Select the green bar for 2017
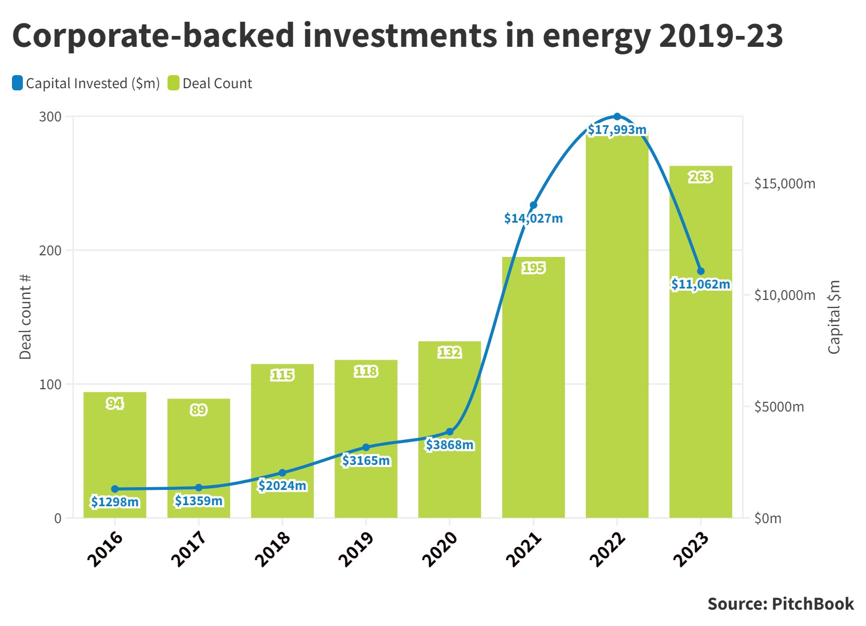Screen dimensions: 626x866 [x=199, y=457]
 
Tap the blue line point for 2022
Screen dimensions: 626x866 [x=617, y=116]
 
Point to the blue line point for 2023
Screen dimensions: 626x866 [x=701, y=271]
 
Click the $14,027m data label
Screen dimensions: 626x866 [x=533, y=219]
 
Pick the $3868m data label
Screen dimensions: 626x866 [x=449, y=445]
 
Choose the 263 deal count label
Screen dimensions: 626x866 [x=701, y=177]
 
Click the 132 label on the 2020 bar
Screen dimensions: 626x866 [x=449, y=353]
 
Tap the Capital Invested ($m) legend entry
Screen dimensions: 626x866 [x=86, y=83]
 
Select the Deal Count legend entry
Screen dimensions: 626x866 [x=211, y=83]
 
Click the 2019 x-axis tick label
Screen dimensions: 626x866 [x=356, y=549]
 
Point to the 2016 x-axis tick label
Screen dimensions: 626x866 [x=105, y=549]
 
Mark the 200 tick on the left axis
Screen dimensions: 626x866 [x=50, y=250]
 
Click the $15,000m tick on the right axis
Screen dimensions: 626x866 [x=784, y=184]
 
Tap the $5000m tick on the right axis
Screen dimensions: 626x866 [x=779, y=407]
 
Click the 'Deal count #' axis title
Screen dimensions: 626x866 [x=25, y=317]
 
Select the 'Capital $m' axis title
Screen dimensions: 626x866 [x=834, y=317]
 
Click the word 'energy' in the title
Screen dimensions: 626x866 [x=596, y=36]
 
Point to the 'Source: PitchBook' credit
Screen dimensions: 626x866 [x=781, y=604]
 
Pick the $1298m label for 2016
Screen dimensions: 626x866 [x=115, y=502]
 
